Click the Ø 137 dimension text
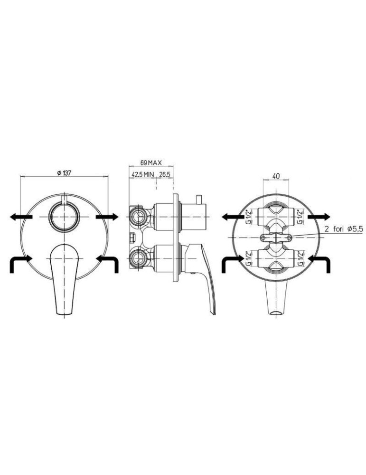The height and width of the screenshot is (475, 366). pyautogui.click(x=64, y=174)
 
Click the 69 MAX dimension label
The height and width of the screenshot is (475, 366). pyautogui.click(x=151, y=162)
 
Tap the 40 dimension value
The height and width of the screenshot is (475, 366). pyautogui.click(x=276, y=176)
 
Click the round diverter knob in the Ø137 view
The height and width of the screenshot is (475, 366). pyautogui.click(x=64, y=217)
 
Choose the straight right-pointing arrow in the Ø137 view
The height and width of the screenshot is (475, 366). pyautogui.click(x=107, y=217)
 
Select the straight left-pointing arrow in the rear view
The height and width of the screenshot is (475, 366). pyautogui.click(x=233, y=217)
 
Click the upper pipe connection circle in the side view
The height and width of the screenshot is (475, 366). pyautogui.click(x=139, y=217)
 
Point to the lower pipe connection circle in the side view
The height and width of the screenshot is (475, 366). pyautogui.click(x=139, y=259)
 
